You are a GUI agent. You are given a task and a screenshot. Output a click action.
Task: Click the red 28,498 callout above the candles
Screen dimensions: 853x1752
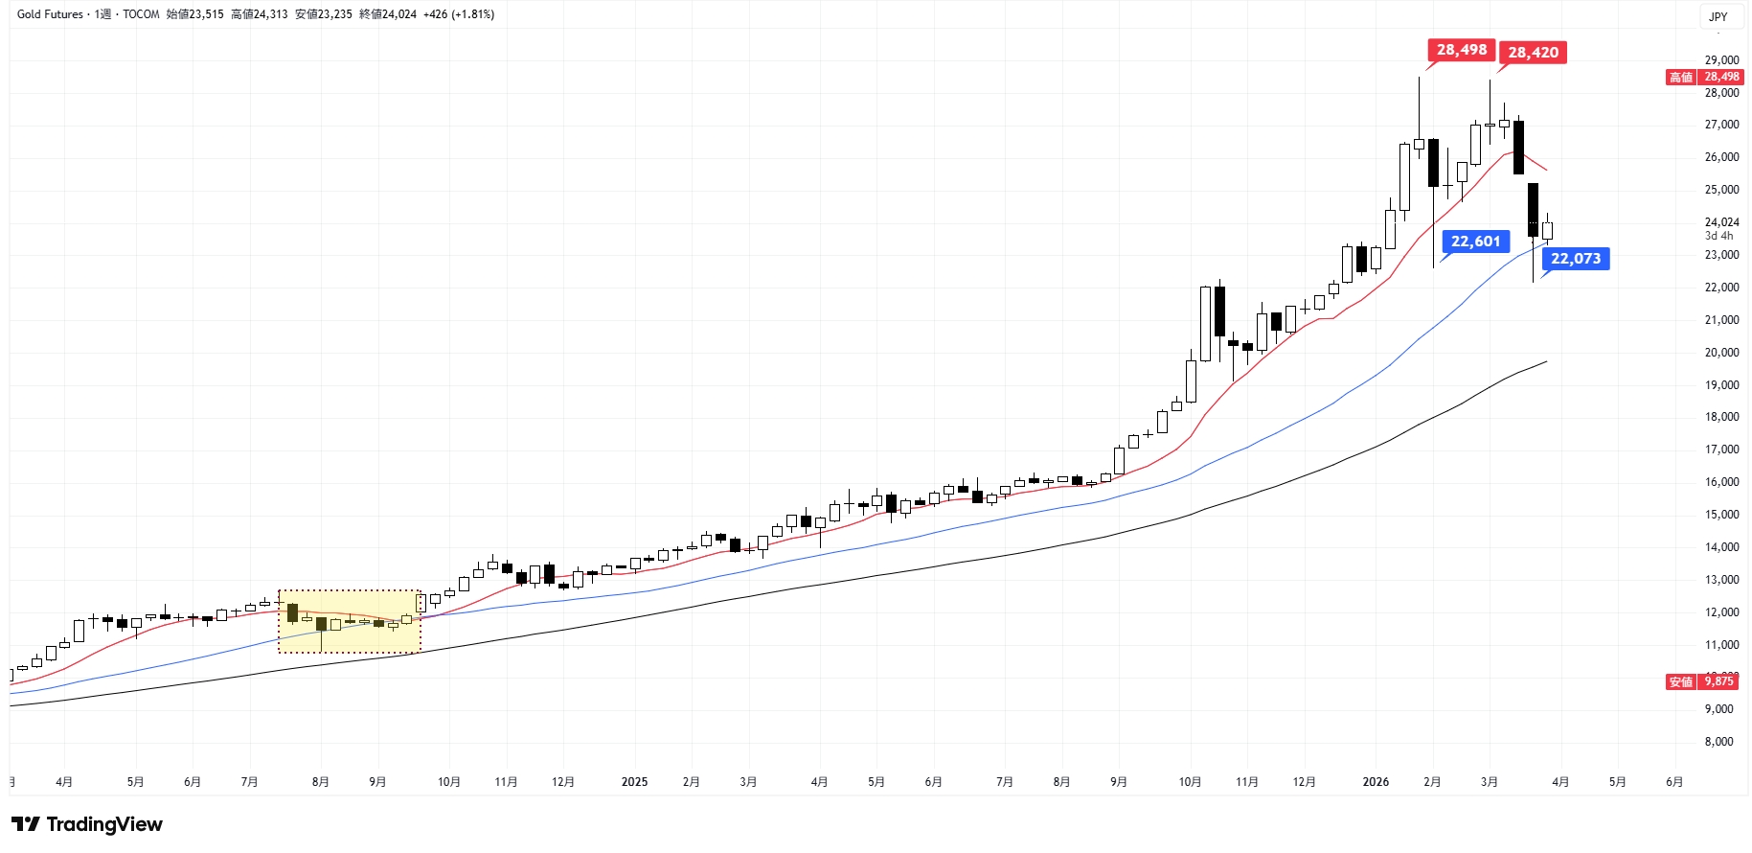[x=1461, y=50]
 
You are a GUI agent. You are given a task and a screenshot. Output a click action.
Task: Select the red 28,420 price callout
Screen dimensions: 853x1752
[x=1533, y=53]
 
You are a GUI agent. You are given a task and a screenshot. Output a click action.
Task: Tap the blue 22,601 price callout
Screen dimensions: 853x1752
[x=1475, y=242]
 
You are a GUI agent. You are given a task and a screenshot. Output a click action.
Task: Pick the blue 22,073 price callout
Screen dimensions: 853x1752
[x=1575, y=259]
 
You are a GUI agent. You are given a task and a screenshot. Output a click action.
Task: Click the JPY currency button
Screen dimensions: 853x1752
[x=1718, y=16]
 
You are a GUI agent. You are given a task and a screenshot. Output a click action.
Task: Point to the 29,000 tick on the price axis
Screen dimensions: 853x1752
[x=1721, y=60]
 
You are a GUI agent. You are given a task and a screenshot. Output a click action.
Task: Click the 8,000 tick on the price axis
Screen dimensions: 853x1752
[x=1718, y=742]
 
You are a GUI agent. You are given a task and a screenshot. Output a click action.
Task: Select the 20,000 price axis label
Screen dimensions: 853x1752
[x=1721, y=353]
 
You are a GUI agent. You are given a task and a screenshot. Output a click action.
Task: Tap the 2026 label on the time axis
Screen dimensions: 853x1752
[x=1376, y=782]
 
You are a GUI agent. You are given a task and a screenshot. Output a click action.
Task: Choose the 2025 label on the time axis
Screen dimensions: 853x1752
[x=634, y=782]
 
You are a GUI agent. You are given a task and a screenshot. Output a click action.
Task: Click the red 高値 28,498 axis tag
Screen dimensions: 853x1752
[x=1705, y=77]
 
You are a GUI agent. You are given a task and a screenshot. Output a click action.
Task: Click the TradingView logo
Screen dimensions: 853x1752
[x=87, y=824]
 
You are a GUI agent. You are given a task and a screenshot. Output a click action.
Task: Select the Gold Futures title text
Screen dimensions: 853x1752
[x=50, y=14]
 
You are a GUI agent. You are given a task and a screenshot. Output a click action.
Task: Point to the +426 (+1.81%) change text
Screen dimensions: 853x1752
[x=459, y=14]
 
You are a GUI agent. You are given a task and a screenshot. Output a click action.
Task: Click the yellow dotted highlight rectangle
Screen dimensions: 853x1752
[x=350, y=621]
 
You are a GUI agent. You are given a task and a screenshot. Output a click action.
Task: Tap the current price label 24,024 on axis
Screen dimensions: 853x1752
[x=1721, y=222]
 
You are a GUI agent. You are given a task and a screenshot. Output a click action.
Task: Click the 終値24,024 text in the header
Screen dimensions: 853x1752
[x=388, y=14]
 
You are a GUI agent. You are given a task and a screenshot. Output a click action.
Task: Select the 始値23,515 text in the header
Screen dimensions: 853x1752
[x=194, y=14]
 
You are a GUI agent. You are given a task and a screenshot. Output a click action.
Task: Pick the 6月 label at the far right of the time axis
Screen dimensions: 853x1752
[x=1673, y=782]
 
